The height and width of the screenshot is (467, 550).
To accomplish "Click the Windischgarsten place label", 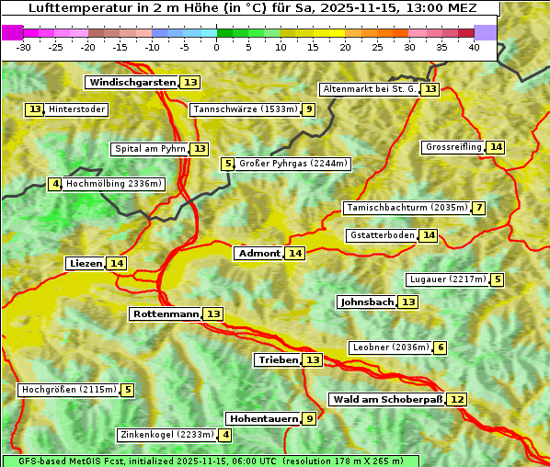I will point(132,83).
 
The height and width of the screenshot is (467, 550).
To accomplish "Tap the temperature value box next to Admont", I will point(294,254).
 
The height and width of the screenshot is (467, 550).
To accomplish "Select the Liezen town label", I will point(86,264).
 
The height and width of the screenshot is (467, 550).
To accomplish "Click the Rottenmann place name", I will point(166,314).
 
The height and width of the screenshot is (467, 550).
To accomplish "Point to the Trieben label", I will point(278,360).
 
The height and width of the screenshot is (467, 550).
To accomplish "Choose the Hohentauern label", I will point(263,419).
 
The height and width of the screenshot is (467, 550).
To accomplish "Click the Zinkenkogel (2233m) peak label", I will point(166,435).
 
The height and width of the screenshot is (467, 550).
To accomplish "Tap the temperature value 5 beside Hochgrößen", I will point(127,390).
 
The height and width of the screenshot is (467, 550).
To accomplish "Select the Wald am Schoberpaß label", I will point(387,400).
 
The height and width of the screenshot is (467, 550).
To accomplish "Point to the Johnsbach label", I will point(367,302).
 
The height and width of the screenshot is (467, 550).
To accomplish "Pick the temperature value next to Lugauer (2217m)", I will point(498,279).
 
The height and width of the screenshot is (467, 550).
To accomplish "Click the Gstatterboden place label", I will point(382,235).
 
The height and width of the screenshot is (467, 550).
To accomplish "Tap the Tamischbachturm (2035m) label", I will point(406,208).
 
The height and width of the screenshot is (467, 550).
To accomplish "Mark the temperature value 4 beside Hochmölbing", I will point(55,184).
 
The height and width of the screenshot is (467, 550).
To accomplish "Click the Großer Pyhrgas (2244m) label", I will point(292,164).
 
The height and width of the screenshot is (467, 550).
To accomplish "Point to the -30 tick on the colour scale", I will point(24,47).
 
